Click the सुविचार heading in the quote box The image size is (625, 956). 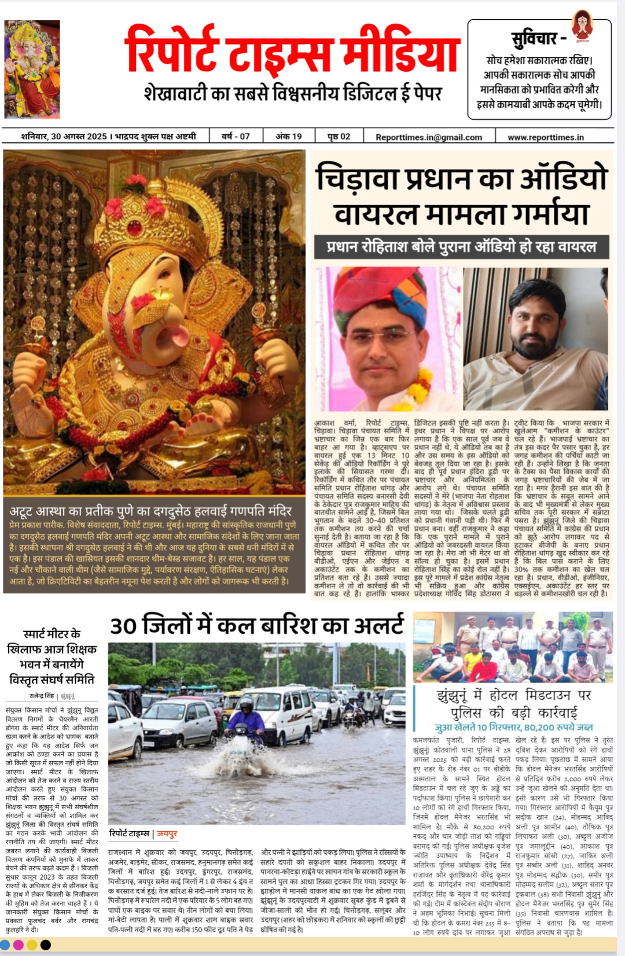[538, 39]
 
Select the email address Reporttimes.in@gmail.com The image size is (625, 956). [428, 137]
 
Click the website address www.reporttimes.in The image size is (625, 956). [545, 137]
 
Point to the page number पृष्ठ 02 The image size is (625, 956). [339, 136]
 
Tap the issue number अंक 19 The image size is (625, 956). [289, 136]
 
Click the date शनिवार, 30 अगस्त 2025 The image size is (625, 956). [64, 136]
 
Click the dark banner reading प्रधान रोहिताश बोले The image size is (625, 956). [461, 247]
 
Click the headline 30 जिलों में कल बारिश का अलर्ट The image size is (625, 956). [257, 626]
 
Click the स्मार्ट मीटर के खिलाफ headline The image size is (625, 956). [52, 656]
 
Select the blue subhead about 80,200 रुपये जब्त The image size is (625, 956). [513, 727]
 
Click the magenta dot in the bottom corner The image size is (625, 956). [19, 945]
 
